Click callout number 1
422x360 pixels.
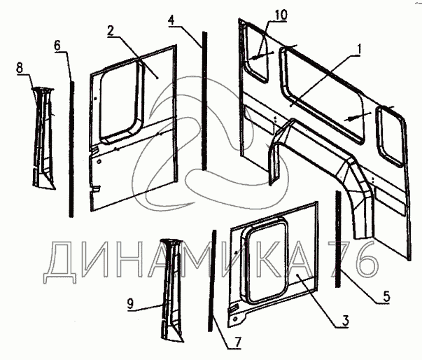pyautogui.click(x=358, y=50)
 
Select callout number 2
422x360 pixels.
pyautogui.click(x=111, y=31)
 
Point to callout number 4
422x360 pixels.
pyautogui.click(x=171, y=20)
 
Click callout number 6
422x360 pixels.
pyautogui.click(x=57, y=46)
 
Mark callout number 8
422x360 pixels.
pyautogui.click(x=20, y=67)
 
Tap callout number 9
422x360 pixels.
pyautogui.click(x=129, y=304)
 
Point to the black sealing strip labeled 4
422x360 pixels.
pyautogui.click(x=204, y=98)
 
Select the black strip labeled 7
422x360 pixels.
pyautogui.click(x=211, y=280)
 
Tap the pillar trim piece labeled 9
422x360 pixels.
pyautogui.click(x=169, y=287)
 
